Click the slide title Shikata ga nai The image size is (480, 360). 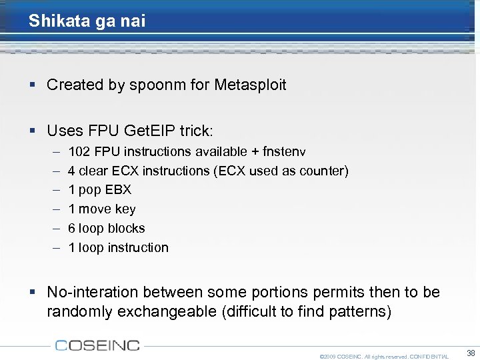87,21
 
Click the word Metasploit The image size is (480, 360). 250,85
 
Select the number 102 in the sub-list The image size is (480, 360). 79,151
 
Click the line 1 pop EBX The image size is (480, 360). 100,189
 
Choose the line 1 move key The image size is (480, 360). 102,209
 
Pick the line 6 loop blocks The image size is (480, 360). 107,228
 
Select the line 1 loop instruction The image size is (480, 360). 119,247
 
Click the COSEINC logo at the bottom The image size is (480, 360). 97,345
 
